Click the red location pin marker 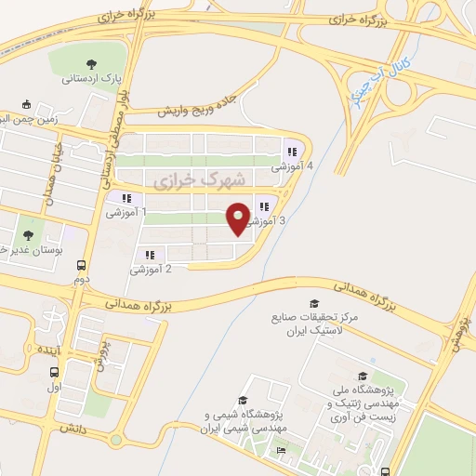pyautogui.click(x=238, y=218)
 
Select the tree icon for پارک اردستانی pyautogui.click(x=90, y=64)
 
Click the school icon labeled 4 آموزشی pyautogui.click(x=292, y=152)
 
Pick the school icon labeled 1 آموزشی pyautogui.click(x=126, y=198)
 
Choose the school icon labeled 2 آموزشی pyautogui.click(x=148, y=255)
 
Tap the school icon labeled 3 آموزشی pyautogui.click(x=264, y=207)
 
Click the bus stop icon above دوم pyautogui.click(x=81, y=265)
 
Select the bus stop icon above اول pyautogui.click(x=53, y=373)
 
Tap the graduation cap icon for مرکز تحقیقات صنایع pyautogui.click(x=313, y=304)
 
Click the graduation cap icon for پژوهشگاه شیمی pyautogui.click(x=244, y=398)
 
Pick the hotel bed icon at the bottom pyautogui.click(x=281, y=451)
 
